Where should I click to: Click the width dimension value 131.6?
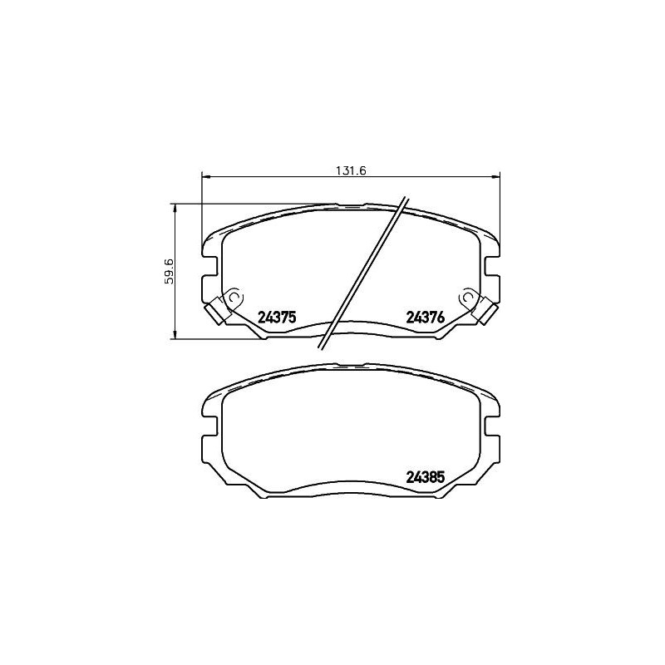click(352, 170)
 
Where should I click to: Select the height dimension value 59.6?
click(169, 272)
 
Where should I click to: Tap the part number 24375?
click(278, 317)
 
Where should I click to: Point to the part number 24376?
click(426, 317)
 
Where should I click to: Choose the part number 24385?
click(426, 477)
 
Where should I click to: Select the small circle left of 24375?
click(234, 296)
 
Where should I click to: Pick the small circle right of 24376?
click(468, 296)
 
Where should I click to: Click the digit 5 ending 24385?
click(441, 477)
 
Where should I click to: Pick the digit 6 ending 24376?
click(441, 317)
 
